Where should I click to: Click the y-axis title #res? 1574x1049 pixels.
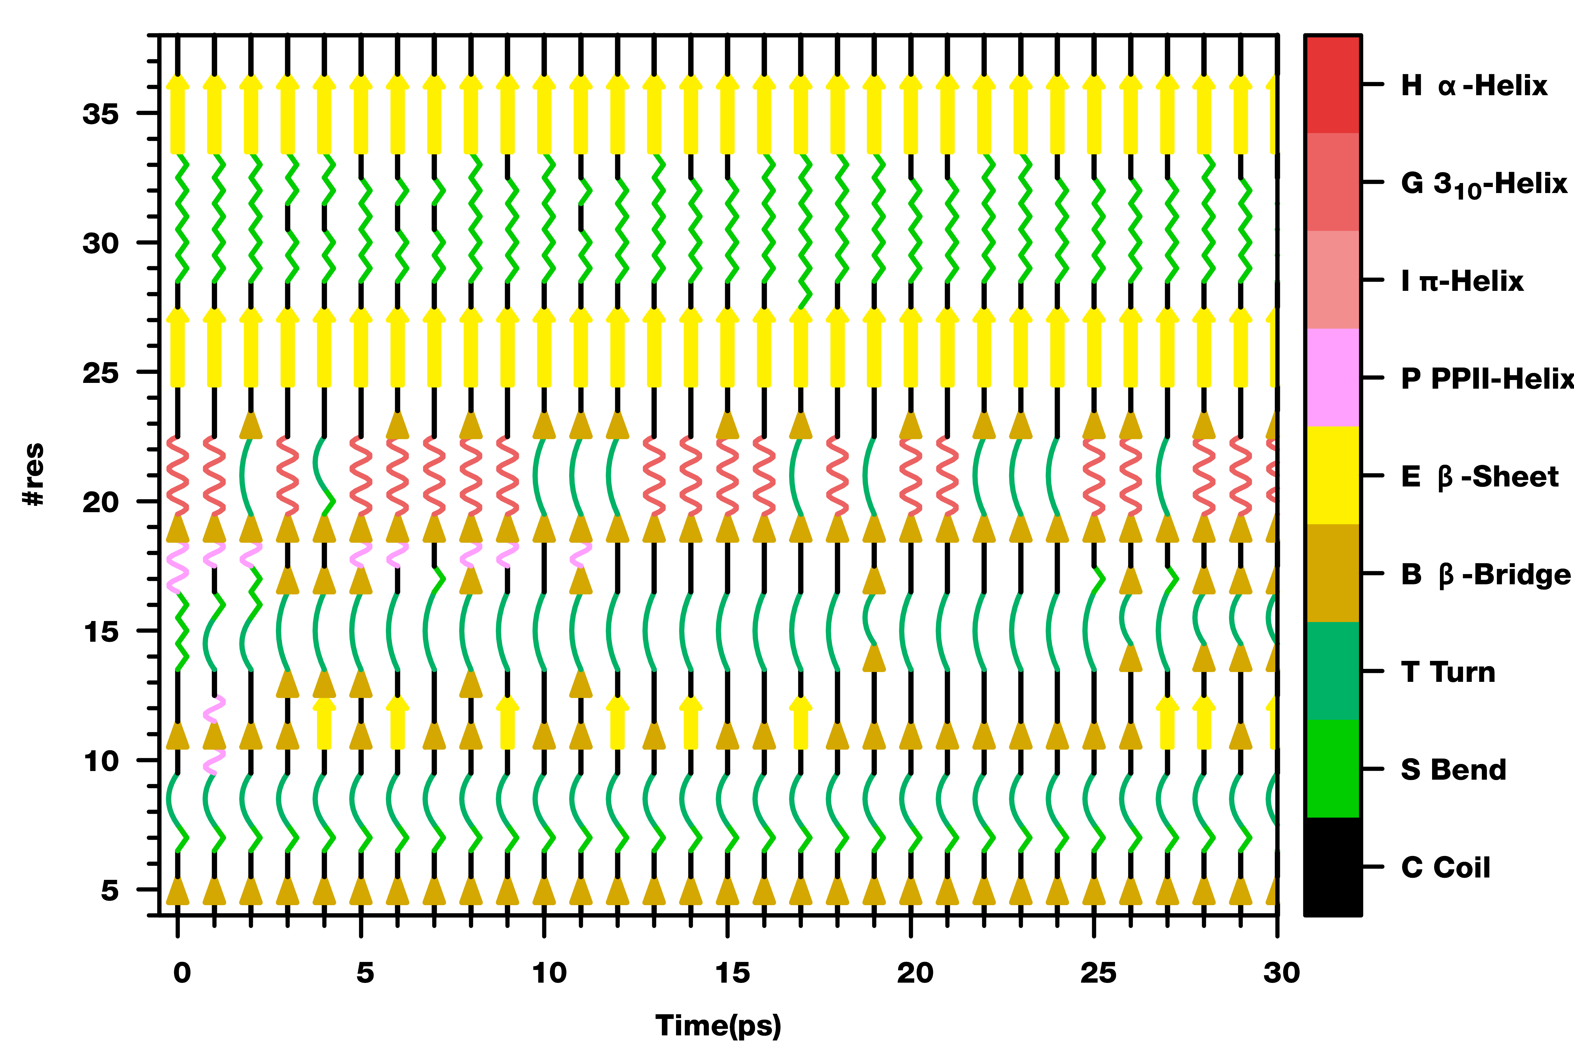(x=34, y=474)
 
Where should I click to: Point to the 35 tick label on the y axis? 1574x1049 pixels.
(x=100, y=114)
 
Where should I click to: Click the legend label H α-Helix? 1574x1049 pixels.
(x=1474, y=86)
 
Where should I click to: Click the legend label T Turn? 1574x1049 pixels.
(x=1448, y=672)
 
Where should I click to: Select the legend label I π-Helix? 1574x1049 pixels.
(x=1461, y=281)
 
